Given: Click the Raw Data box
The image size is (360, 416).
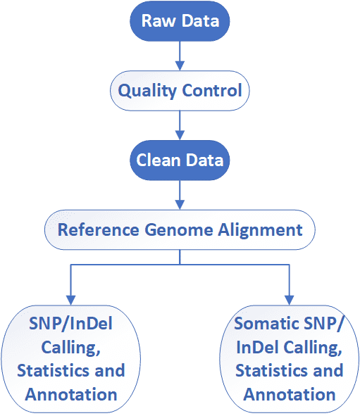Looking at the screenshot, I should click(180, 21).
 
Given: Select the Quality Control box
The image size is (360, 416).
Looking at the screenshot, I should click(180, 91).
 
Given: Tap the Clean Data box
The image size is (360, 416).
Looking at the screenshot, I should click(180, 160).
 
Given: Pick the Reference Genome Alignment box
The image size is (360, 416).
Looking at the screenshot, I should click(180, 229).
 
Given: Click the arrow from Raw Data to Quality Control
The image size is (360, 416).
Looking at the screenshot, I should click(180, 56).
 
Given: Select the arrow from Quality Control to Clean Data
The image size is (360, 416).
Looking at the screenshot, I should click(180, 125).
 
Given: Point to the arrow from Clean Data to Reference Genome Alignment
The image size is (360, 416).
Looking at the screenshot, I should click(180, 194).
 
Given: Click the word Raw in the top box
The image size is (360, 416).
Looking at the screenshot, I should click(157, 21).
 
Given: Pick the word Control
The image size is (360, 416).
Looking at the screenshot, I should click(212, 91).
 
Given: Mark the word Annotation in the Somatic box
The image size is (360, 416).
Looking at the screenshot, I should click(290, 393).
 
